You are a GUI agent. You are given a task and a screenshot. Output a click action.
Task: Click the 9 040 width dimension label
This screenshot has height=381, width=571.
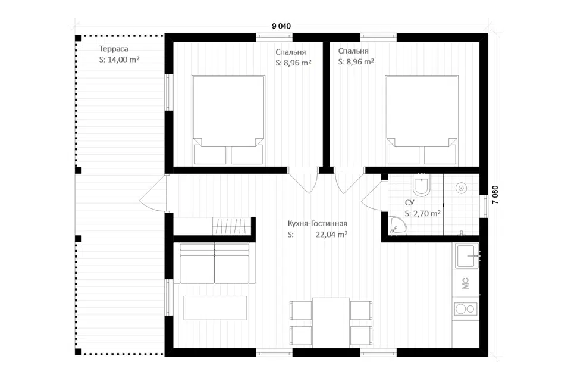point(281,26)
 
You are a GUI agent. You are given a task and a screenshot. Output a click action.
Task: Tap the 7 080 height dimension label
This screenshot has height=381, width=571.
point(495,195)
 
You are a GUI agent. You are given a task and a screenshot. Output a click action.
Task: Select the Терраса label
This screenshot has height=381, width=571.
point(114,49)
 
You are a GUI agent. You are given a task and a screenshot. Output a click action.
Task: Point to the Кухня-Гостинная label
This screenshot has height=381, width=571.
point(317,223)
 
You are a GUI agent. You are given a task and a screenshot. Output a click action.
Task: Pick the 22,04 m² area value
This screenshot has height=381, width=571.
point(331,235)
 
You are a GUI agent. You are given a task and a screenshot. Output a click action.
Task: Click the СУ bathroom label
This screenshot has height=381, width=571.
point(409,203)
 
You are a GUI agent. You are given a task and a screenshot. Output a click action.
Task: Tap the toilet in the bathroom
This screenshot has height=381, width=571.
point(422,185)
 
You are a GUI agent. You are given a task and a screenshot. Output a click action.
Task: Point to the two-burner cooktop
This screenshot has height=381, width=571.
point(465,309)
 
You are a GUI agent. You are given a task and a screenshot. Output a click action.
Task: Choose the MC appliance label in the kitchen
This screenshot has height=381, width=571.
point(465,283)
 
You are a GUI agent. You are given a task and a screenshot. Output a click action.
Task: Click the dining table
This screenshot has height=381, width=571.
point(331,322)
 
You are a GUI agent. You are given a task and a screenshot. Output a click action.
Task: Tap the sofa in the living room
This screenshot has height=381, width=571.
point(215,263)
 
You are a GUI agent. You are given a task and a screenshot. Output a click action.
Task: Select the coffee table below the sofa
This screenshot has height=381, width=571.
point(215,308)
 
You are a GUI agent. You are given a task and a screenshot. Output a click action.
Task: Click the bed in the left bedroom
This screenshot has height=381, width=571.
point(228,120)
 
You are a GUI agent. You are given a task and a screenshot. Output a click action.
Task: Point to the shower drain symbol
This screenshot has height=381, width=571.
point(461,188)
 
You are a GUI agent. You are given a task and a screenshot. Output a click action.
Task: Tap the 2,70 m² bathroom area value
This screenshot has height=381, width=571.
point(422,213)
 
